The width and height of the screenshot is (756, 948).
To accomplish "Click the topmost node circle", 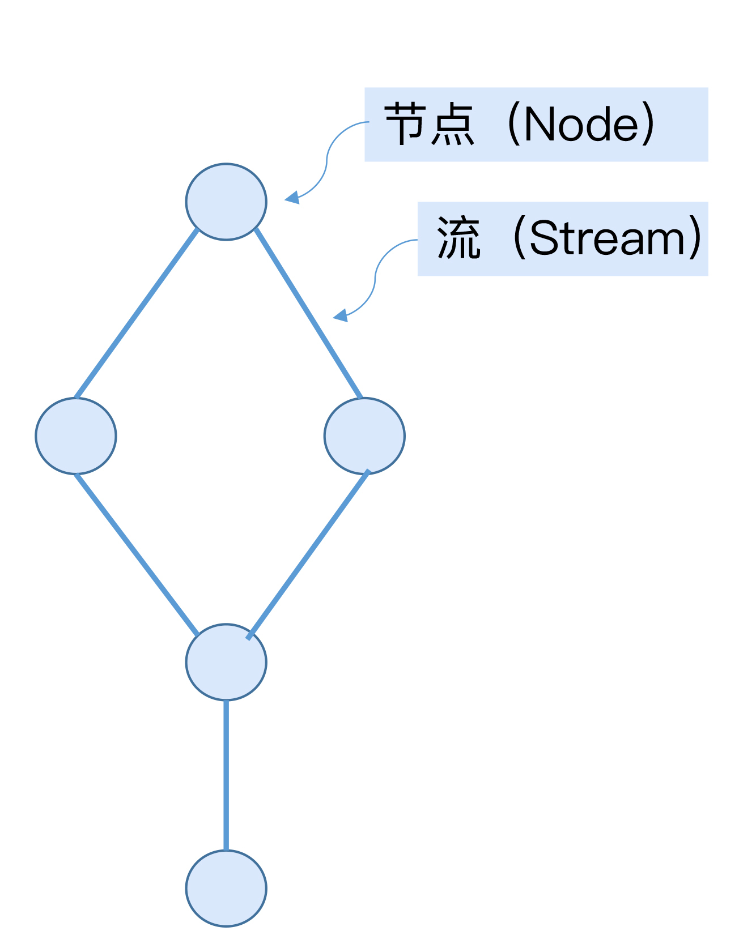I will pos(226,202).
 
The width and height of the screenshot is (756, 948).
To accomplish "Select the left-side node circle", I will pos(76,436).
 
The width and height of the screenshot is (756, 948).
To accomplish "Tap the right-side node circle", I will pos(364,436).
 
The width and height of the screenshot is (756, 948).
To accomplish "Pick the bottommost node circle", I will pos(226,888).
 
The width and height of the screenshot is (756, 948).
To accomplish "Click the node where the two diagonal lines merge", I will pos(226,662).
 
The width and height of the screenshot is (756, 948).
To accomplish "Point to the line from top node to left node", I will pos(137,313).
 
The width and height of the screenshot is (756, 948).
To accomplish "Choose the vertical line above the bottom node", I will pos(226,775).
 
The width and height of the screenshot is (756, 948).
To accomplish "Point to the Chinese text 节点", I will pos(429,125).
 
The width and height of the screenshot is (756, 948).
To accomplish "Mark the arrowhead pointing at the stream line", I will pos(341,315).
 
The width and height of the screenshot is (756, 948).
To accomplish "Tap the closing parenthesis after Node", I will pos(649,125).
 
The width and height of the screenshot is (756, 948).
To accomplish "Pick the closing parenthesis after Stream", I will pos(695,239).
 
